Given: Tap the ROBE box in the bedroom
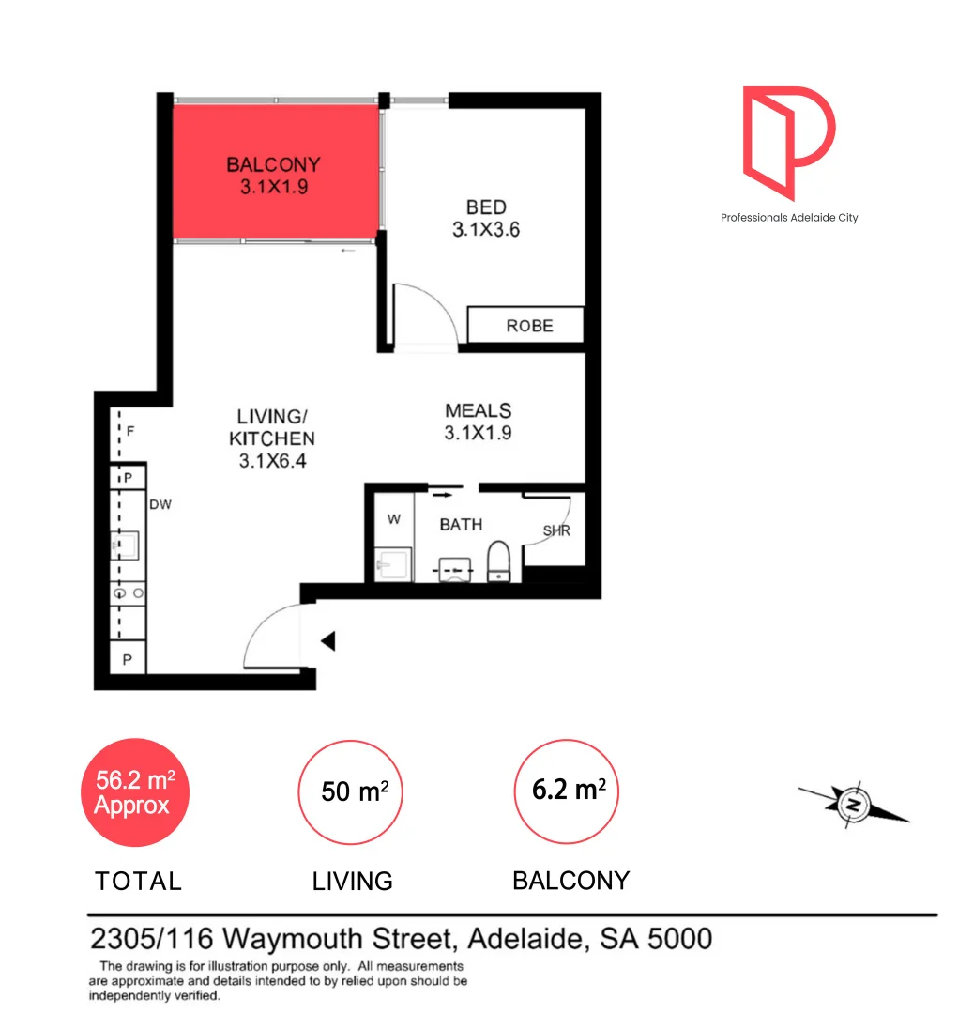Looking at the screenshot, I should (x=526, y=326).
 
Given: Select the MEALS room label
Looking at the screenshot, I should (x=478, y=410).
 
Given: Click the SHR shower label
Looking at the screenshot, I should (x=556, y=531).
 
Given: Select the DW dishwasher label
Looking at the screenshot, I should (x=160, y=504).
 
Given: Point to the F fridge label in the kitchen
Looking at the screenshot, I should (x=130, y=432).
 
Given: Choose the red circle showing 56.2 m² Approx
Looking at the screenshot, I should (x=133, y=792).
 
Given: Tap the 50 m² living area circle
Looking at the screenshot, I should (x=350, y=792).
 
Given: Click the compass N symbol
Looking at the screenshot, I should (x=853, y=806).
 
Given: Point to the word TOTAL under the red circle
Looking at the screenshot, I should (x=138, y=882).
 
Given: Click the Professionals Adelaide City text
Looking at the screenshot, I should (x=788, y=218).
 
